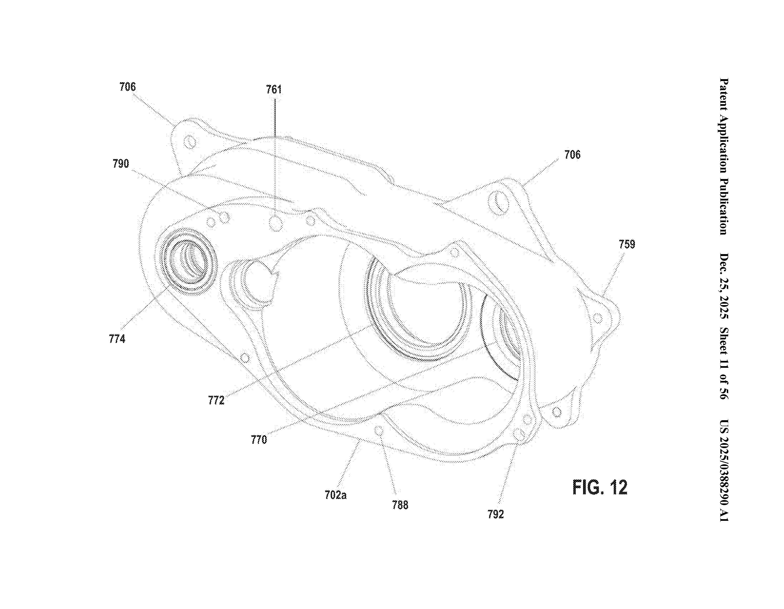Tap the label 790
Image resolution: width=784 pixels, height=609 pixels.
(121, 164)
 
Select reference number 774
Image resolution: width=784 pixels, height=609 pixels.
(117, 338)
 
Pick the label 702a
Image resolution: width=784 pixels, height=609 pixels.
(336, 495)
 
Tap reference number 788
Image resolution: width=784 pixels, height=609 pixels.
(400, 505)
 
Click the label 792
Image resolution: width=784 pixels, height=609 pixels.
(496, 514)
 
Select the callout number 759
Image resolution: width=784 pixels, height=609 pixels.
(627, 244)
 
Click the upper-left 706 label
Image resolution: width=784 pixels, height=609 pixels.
(128, 87)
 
